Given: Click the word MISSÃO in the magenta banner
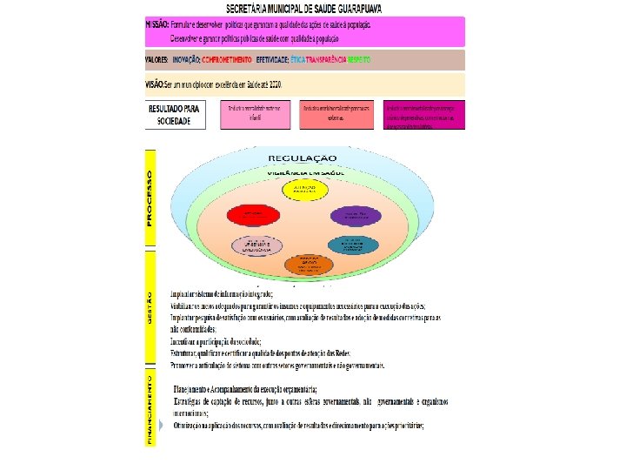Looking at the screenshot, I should click(158, 24).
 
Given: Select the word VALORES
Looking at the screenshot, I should click(157, 60).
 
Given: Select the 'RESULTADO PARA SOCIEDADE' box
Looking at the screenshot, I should click(175, 115).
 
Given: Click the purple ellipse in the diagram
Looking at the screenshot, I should click(355, 215).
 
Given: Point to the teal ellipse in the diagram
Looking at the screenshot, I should click(353, 244).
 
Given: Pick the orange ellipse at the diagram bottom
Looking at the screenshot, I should click(303, 263).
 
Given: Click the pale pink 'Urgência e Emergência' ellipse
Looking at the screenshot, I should click(254, 245).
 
